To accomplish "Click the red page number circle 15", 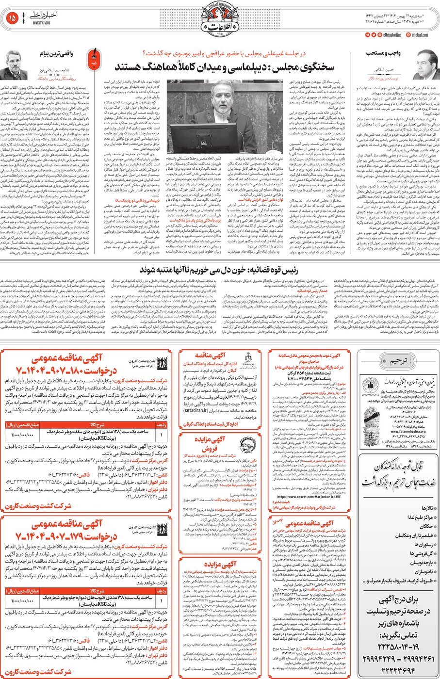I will coord(12,18).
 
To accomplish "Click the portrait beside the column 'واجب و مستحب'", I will coord(426,64).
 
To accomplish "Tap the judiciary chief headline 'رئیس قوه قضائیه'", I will coord(219,270).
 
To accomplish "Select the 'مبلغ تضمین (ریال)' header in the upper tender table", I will coord(19,424).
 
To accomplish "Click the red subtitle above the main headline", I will coord(224,53).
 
